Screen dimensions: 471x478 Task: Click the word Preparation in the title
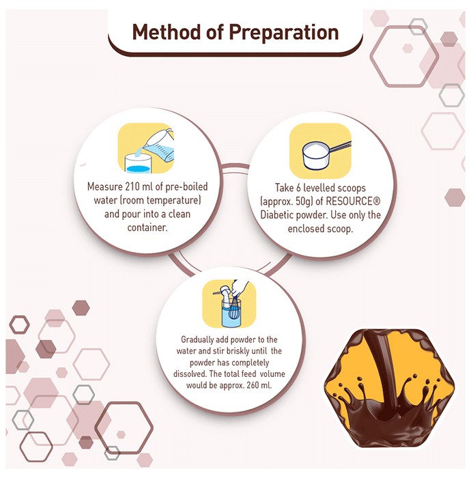coord(284,33)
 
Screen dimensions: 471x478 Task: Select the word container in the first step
coord(147,227)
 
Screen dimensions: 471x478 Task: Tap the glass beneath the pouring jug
coord(139,164)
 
